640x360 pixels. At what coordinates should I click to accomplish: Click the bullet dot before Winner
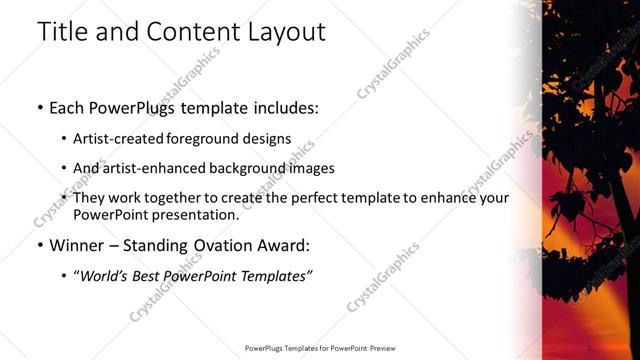tap(39, 245)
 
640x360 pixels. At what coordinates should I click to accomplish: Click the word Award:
tap(293, 245)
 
